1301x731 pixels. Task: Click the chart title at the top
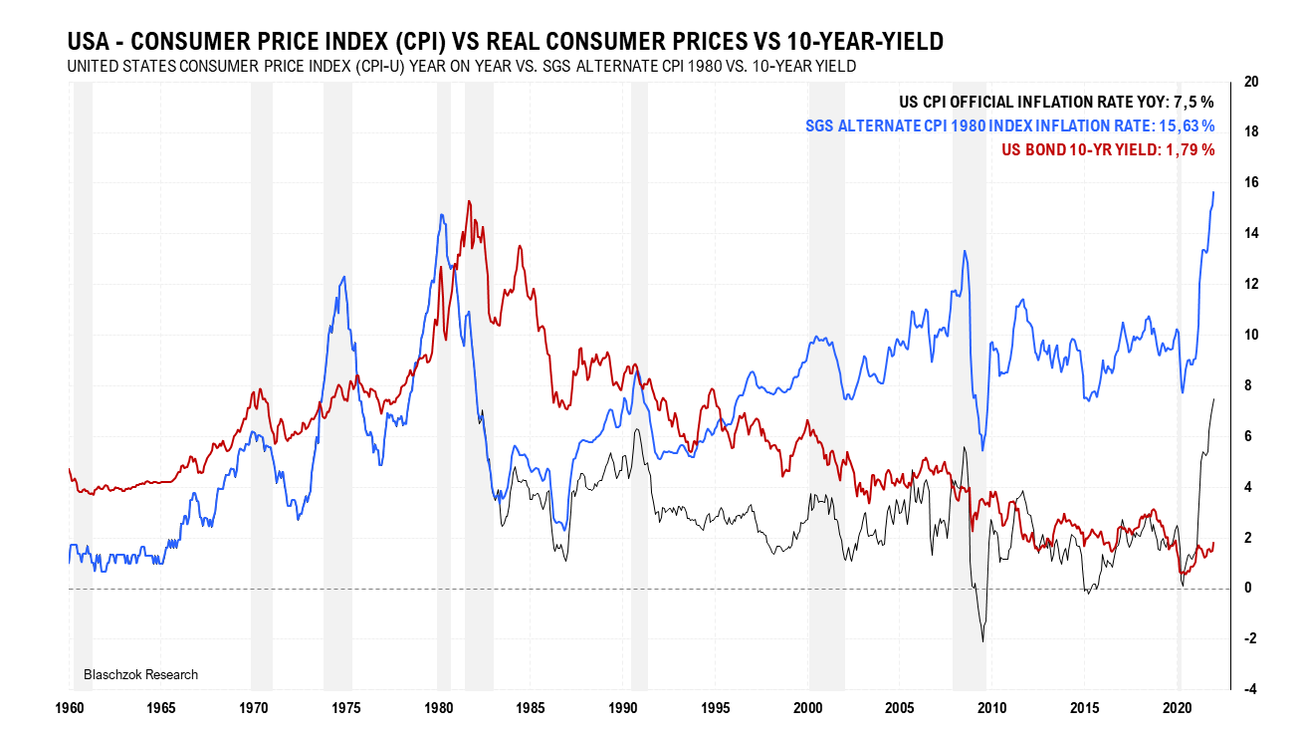pos(505,41)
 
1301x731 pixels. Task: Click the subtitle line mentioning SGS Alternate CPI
pos(461,66)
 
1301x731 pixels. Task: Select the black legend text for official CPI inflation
pos(1056,102)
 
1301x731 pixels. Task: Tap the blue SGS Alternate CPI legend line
pos(1009,125)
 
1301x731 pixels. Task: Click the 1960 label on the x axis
pos(69,708)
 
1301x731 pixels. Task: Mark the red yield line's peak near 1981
pos(469,202)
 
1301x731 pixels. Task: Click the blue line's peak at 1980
pos(440,215)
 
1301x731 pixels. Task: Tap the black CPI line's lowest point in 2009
pos(983,640)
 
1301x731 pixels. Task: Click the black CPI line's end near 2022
pos(1213,399)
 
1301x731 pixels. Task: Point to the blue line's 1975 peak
pos(344,277)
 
